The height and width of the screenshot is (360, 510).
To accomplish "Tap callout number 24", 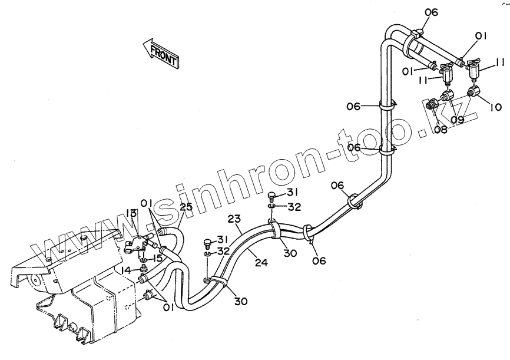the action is coord(261,263).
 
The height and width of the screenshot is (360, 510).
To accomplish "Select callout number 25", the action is coord(186,207).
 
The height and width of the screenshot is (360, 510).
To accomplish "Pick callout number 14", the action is coord(127,270).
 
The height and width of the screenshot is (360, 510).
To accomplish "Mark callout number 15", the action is coord(157,259).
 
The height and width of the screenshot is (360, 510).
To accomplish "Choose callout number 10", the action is coord(495,108).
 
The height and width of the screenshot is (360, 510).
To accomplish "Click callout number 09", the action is coord(458,120).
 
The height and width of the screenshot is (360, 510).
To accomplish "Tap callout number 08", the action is coord(440,128).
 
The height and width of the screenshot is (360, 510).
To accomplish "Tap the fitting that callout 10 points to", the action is coord(473,93).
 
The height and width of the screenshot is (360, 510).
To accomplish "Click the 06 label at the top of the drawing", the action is coord(431,12).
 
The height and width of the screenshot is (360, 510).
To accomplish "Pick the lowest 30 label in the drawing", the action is coord(240,301).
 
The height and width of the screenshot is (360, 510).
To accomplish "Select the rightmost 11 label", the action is coord(500,61).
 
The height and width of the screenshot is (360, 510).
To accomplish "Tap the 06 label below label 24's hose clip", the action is coord(319,260).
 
